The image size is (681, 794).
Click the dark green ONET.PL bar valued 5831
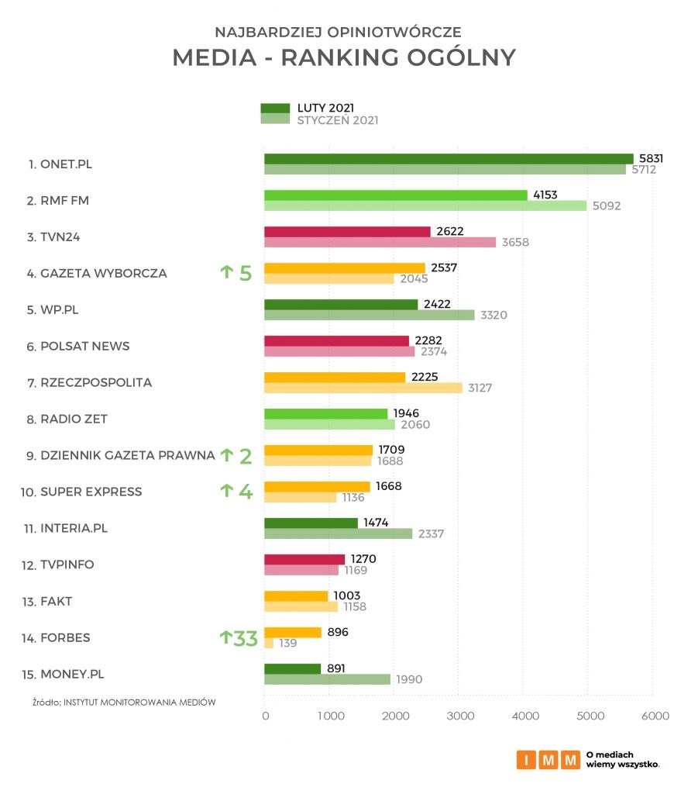449,158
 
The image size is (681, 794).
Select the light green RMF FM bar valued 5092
425,205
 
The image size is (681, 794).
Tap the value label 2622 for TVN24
452,231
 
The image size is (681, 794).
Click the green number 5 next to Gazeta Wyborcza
245,273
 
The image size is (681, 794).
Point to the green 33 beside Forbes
245,638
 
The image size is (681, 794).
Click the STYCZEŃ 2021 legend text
338,120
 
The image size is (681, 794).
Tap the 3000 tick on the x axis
459,716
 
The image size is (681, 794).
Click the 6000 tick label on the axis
655,716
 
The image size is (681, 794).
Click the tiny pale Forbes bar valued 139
269,643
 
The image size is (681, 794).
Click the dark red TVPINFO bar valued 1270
304,559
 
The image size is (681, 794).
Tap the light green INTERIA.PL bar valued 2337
339,533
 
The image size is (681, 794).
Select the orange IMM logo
548,760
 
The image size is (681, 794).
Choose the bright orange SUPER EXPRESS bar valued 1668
317,486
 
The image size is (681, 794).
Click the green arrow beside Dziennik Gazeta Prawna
226,455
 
